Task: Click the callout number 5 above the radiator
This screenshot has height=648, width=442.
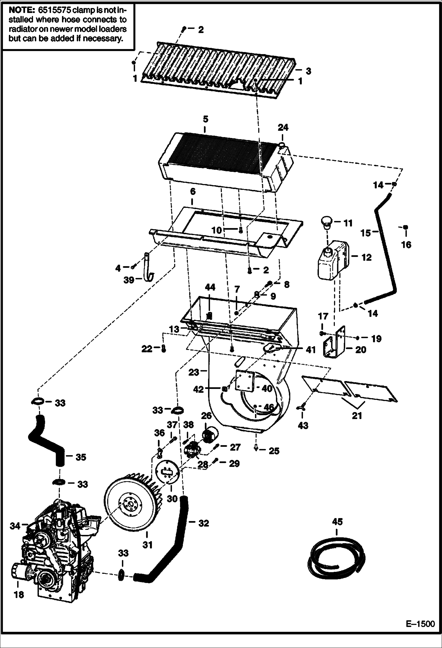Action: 205,119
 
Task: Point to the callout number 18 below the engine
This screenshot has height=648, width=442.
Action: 19,594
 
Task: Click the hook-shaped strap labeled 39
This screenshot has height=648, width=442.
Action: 148,268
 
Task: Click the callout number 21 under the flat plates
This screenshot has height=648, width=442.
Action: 357,416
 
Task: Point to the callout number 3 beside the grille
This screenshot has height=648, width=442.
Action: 308,71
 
